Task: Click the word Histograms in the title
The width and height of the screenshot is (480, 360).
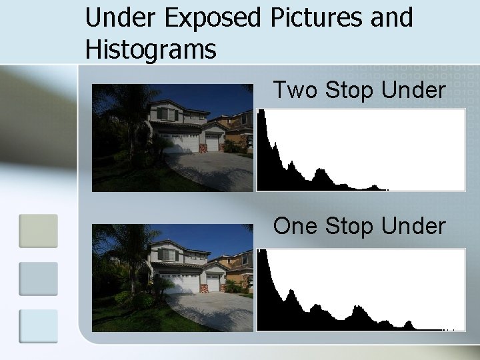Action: coord(151,49)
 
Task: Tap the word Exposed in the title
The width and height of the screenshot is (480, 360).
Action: coord(215,19)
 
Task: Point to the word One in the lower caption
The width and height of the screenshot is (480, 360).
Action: coord(296,227)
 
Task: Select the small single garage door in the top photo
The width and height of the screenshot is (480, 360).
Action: coord(212,143)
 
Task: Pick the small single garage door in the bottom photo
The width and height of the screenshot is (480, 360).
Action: coord(213,284)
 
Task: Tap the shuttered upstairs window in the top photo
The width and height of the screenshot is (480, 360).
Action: coord(167,114)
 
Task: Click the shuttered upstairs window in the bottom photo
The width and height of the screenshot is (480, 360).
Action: coord(167,255)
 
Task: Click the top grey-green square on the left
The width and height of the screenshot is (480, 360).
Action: coord(38,231)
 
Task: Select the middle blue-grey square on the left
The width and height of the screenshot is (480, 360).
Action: coord(38,279)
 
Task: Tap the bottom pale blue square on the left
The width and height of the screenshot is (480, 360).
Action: coord(38,325)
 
